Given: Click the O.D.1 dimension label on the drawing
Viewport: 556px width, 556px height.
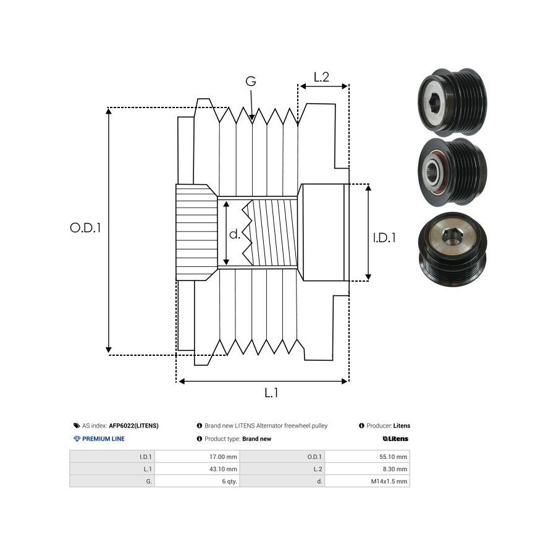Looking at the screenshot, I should (x=85, y=227).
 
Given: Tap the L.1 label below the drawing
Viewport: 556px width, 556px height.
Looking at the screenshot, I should (x=271, y=392).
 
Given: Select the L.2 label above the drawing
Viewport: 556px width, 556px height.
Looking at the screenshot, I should (x=321, y=77).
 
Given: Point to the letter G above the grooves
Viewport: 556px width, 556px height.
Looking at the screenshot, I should (x=251, y=82).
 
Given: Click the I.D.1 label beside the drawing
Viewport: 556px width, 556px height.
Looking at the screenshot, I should (x=384, y=237).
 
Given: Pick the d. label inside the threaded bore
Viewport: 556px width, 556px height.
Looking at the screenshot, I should (x=235, y=234).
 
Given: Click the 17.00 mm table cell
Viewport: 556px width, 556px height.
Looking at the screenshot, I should (x=224, y=457).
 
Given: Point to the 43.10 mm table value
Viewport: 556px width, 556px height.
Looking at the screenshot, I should (x=224, y=470).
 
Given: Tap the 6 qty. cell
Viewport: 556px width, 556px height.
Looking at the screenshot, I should (x=230, y=481).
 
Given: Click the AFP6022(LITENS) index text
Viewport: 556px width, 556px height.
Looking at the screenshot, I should (x=133, y=426).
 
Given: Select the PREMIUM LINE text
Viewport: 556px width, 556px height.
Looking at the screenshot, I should (x=103, y=439).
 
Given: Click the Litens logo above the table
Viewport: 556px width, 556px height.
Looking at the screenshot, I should (x=395, y=439).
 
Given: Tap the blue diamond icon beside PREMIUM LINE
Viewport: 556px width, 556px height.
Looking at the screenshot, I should (x=77, y=439).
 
